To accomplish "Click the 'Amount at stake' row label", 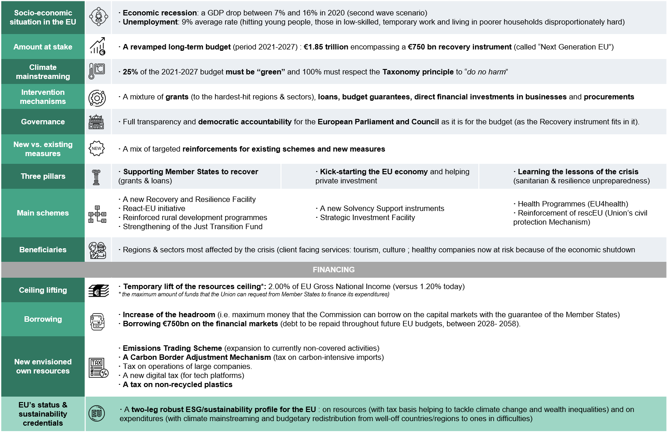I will point(43,47).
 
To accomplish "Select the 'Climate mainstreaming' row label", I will point(43,72).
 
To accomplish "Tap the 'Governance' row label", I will point(43,122).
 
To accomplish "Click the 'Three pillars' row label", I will point(43,176).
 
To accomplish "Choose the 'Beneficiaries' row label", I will point(43,250).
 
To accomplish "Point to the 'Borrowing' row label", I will point(43,319).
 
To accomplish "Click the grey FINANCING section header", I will point(334,270).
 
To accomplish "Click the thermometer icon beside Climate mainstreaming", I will point(97,72).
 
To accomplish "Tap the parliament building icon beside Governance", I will point(97,122).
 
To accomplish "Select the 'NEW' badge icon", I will point(97,148).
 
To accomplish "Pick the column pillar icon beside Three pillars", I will point(96,177).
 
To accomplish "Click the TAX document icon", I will point(98,367).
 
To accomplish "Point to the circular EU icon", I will point(97,413).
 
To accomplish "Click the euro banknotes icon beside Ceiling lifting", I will point(98,291).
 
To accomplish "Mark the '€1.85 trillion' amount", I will point(326,47).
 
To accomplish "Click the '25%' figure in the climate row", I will point(130,72).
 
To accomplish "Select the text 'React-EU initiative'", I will point(154,208).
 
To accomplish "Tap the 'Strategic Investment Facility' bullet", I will point(367,217).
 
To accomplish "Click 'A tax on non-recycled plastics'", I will point(177,384).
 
